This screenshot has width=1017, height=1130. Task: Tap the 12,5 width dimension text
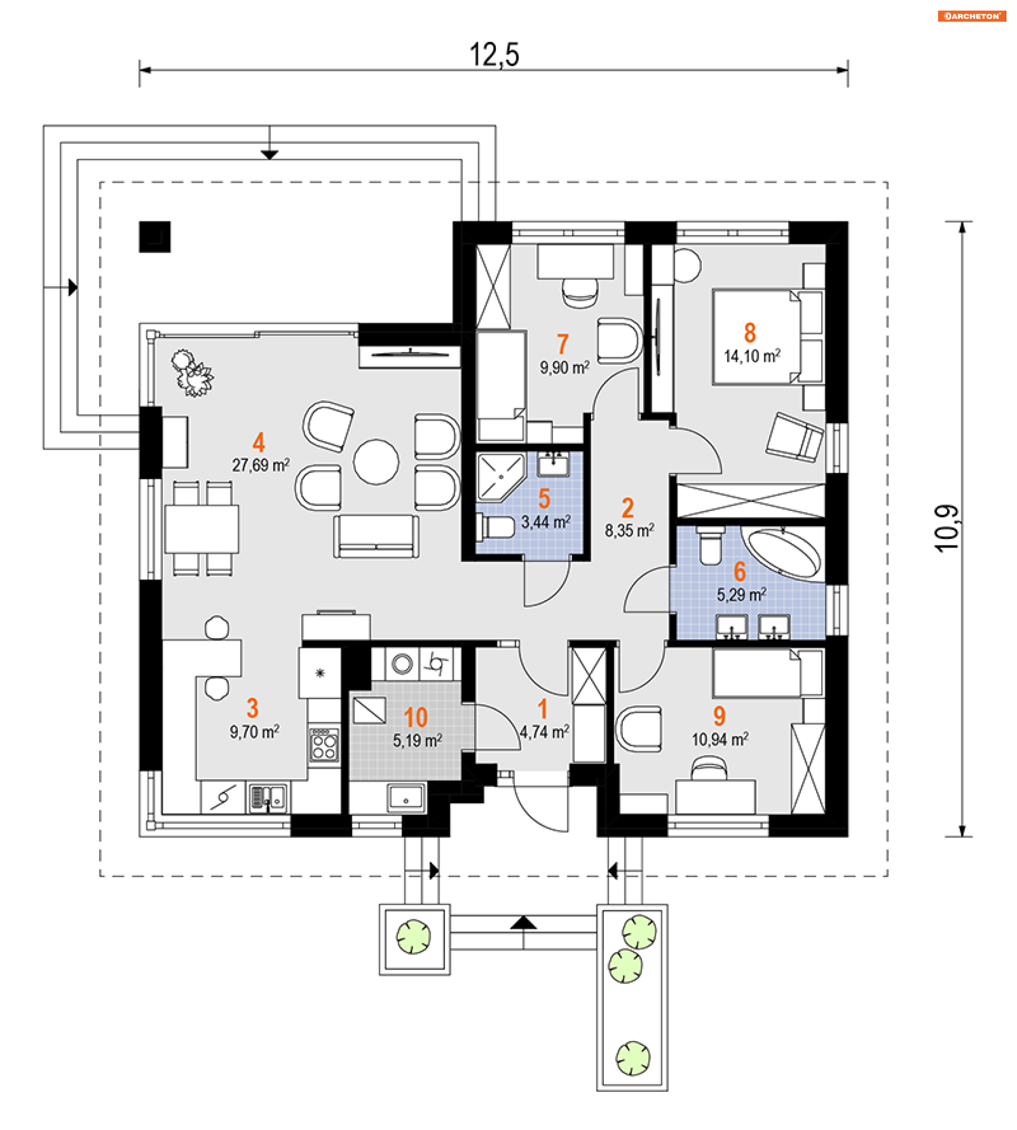494,55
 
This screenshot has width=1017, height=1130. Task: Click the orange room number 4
258,442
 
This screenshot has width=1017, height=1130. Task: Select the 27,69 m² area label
261,465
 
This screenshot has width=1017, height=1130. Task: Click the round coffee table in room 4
376,461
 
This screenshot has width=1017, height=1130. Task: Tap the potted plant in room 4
192,373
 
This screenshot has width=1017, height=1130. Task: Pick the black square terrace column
155,237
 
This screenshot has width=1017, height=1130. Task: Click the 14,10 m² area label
752,356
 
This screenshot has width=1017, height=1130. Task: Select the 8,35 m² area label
629,531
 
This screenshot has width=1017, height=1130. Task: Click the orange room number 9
719,715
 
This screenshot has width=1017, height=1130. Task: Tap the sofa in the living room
376,536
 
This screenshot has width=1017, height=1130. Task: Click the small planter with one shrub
414,939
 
